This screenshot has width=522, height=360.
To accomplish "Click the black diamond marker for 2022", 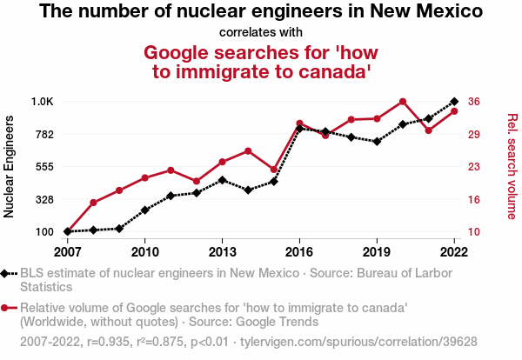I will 454,102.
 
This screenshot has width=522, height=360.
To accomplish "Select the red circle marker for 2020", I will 403,102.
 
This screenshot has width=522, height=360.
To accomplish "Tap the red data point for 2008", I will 93,203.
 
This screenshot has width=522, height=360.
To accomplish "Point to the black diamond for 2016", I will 299,129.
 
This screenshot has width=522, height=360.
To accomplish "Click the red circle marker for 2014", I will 248,151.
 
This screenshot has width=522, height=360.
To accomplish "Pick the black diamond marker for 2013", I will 223,180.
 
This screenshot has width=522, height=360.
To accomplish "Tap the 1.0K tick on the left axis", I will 43,102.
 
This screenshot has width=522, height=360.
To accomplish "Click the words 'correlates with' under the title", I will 261,33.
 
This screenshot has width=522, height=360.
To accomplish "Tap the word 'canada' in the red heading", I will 325,71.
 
